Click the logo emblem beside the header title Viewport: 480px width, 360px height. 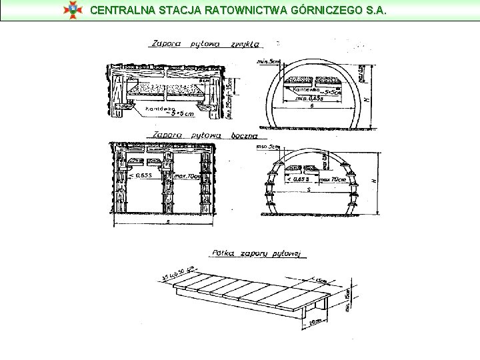[x=71, y=10]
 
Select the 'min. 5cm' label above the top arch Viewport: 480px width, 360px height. [x=268, y=61]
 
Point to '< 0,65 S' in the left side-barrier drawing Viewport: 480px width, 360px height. [x=140, y=175]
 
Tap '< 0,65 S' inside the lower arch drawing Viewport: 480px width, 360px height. [x=298, y=179]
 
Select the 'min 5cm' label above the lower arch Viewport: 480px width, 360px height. [x=267, y=146]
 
